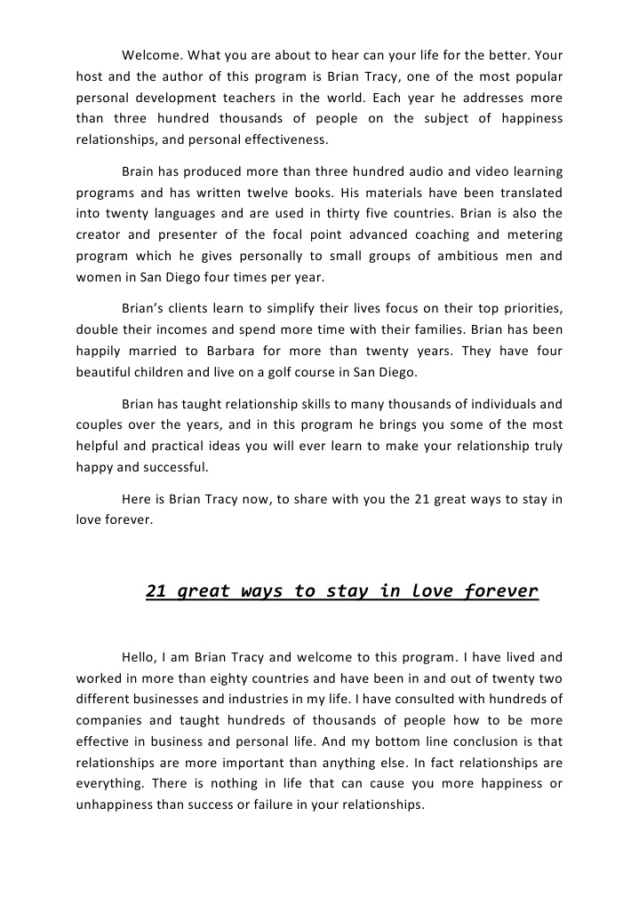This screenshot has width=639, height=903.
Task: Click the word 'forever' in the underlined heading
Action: click(x=501, y=591)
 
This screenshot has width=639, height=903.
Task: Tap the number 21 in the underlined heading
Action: click(x=156, y=591)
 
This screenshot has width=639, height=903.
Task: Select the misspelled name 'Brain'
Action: click(x=140, y=171)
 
